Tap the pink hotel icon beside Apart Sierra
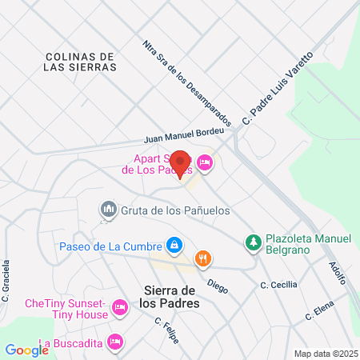[x=206, y=162]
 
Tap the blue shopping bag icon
[x=174, y=244]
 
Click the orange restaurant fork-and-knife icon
[x=203, y=258]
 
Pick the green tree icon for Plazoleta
[x=254, y=241]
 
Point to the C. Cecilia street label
[x=278, y=285]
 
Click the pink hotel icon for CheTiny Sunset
[x=120, y=307]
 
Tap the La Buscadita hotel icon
[x=116, y=342]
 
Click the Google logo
[x=26, y=350]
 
